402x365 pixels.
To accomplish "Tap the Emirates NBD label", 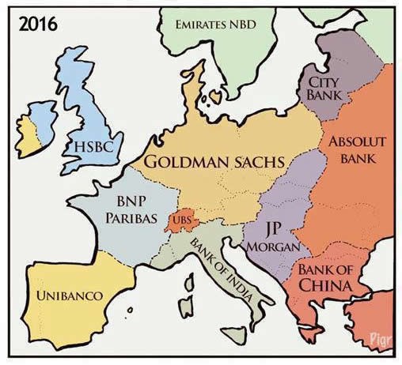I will (x=214, y=25).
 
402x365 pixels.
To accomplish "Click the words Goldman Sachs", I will (x=213, y=163).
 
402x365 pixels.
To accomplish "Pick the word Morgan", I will (x=273, y=246).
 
